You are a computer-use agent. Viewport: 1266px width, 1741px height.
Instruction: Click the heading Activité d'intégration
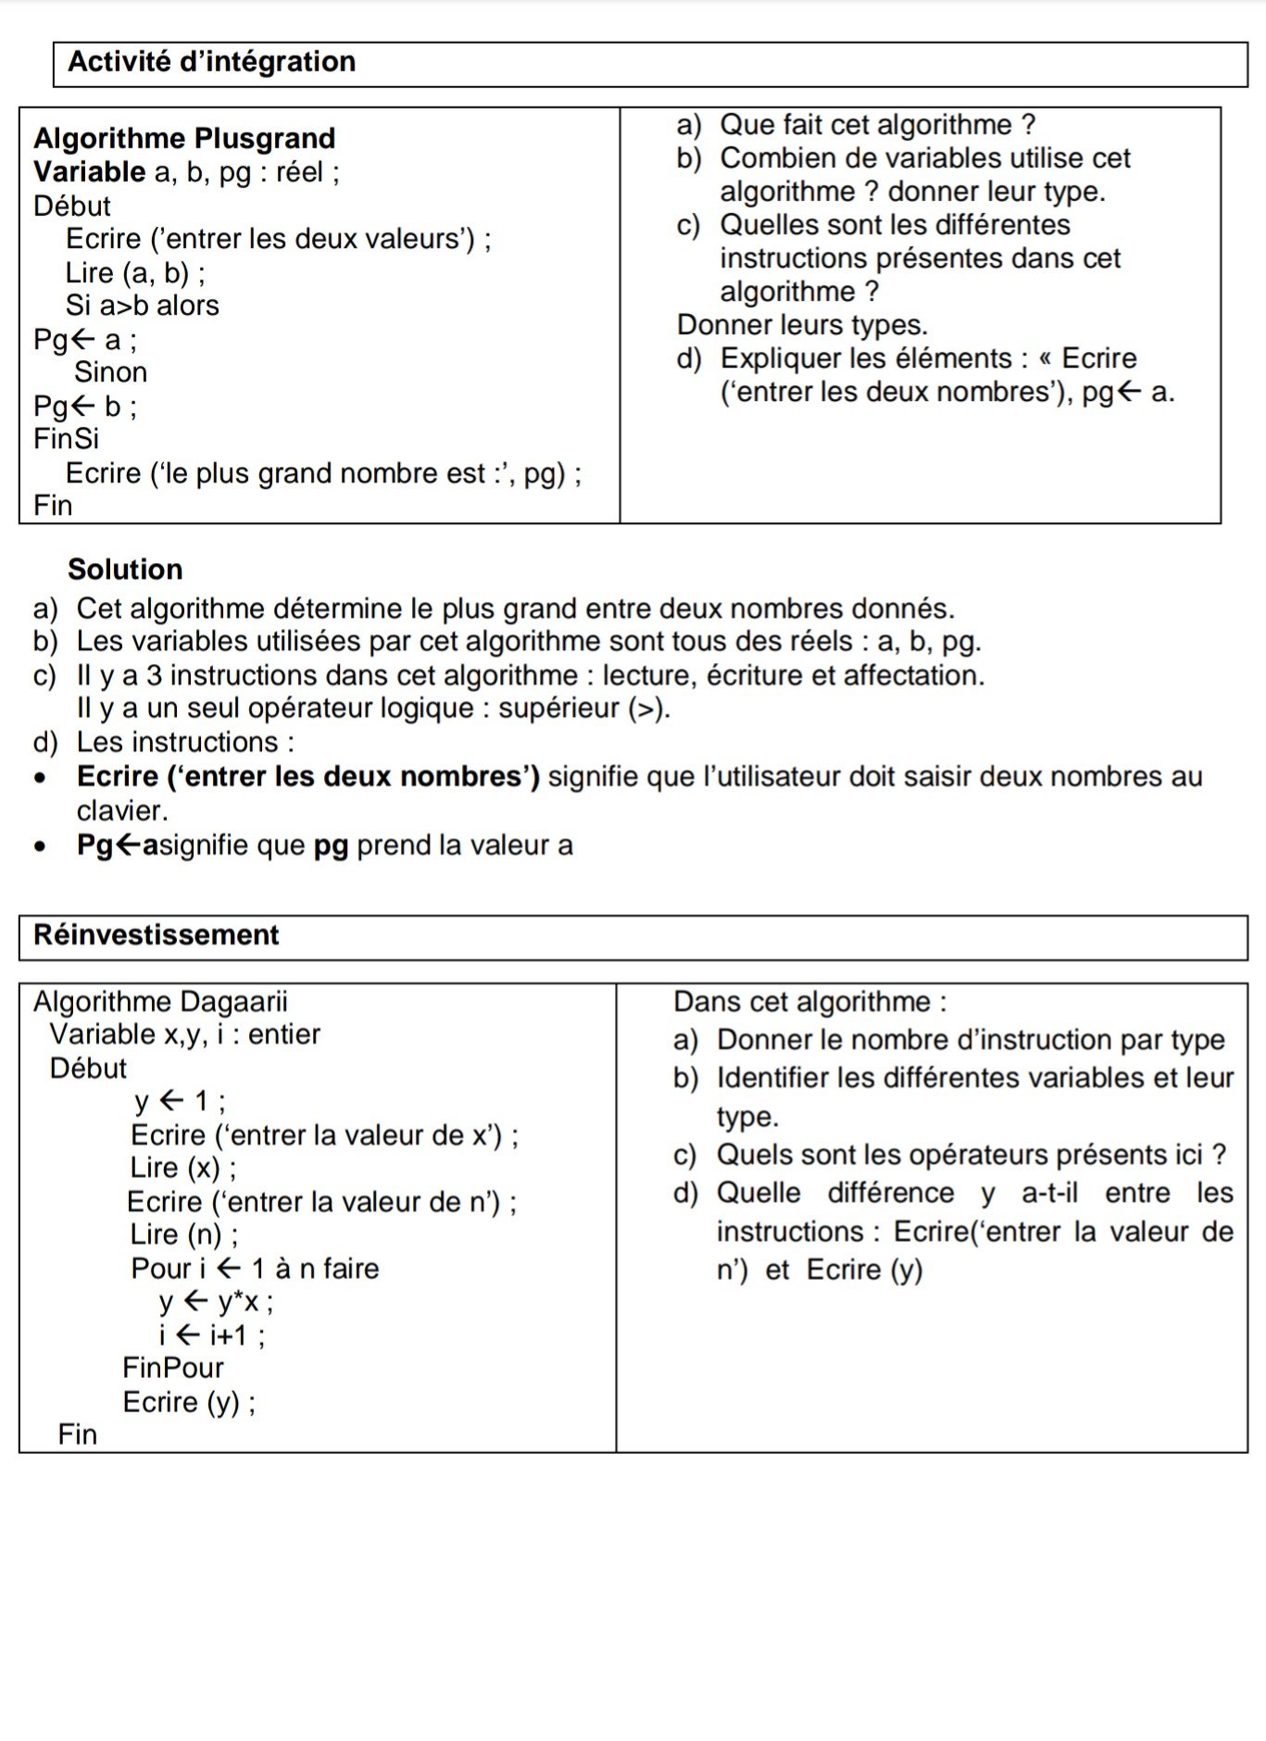211,62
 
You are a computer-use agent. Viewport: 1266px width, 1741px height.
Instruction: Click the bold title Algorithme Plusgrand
184,139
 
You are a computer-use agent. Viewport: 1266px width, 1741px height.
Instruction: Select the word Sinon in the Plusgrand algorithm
110,372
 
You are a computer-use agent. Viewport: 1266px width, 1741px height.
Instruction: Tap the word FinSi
66,439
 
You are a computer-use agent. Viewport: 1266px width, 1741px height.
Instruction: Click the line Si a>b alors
142,306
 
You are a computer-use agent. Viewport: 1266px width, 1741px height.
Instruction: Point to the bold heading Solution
125,570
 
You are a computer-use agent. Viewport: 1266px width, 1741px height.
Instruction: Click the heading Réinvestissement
156,935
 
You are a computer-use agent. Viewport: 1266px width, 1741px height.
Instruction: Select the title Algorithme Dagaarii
160,1002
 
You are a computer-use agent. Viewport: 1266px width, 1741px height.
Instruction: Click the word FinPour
173,1368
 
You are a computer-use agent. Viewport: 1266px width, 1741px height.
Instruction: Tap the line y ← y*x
216,1302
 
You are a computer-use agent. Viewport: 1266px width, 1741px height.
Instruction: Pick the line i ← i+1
212,1335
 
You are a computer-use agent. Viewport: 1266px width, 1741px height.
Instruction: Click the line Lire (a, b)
135,273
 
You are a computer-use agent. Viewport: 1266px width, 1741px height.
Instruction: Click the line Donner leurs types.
802,325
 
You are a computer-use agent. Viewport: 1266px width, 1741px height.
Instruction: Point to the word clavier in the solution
122,811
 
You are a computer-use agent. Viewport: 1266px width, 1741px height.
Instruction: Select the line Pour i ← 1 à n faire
255,1269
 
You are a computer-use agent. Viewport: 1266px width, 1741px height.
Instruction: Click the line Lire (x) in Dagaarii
183,1169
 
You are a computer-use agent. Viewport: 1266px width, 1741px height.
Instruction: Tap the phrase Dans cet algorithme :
809,1002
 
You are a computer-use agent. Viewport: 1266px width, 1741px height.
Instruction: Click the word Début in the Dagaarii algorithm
88,1069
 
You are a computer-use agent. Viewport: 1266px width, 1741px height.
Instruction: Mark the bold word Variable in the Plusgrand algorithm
89,172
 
